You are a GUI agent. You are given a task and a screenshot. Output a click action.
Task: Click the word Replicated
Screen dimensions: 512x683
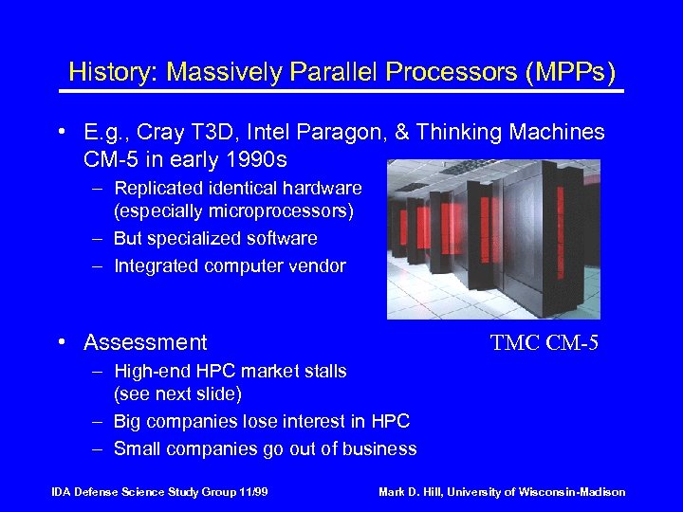pyautogui.click(x=157, y=188)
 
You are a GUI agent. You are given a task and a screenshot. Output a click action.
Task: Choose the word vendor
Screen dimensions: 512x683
pyautogui.click(x=319, y=266)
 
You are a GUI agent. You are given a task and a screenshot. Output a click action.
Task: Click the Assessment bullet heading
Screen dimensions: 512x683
pyautogui.click(x=145, y=342)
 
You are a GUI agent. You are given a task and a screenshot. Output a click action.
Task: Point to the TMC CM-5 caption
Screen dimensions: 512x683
pyautogui.click(x=544, y=342)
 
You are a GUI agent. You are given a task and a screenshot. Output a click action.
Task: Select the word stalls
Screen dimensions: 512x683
pyautogui.click(x=323, y=371)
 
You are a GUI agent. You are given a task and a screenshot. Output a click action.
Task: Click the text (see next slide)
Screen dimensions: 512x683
pyautogui.click(x=177, y=393)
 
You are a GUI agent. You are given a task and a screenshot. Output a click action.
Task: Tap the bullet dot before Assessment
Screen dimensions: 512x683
pyautogui.click(x=62, y=342)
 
